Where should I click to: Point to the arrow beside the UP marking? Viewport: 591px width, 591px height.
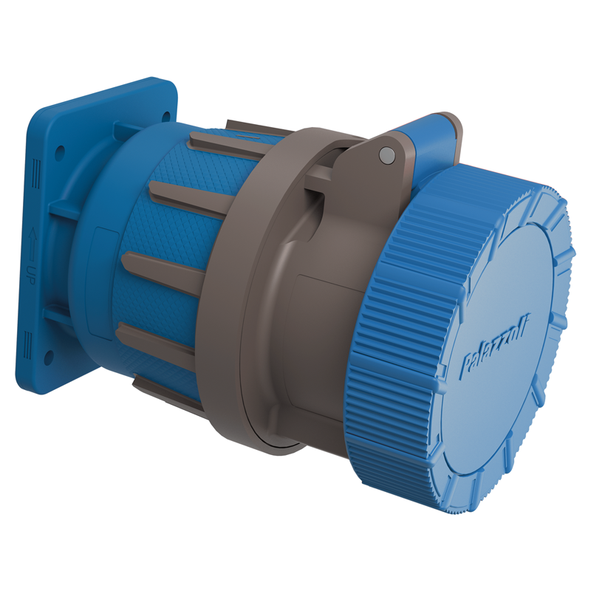[x=32, y=242]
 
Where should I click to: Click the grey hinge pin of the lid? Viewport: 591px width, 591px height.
[x=384, y=154]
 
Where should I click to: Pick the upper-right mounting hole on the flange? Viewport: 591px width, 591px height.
[x=165, y=115]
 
